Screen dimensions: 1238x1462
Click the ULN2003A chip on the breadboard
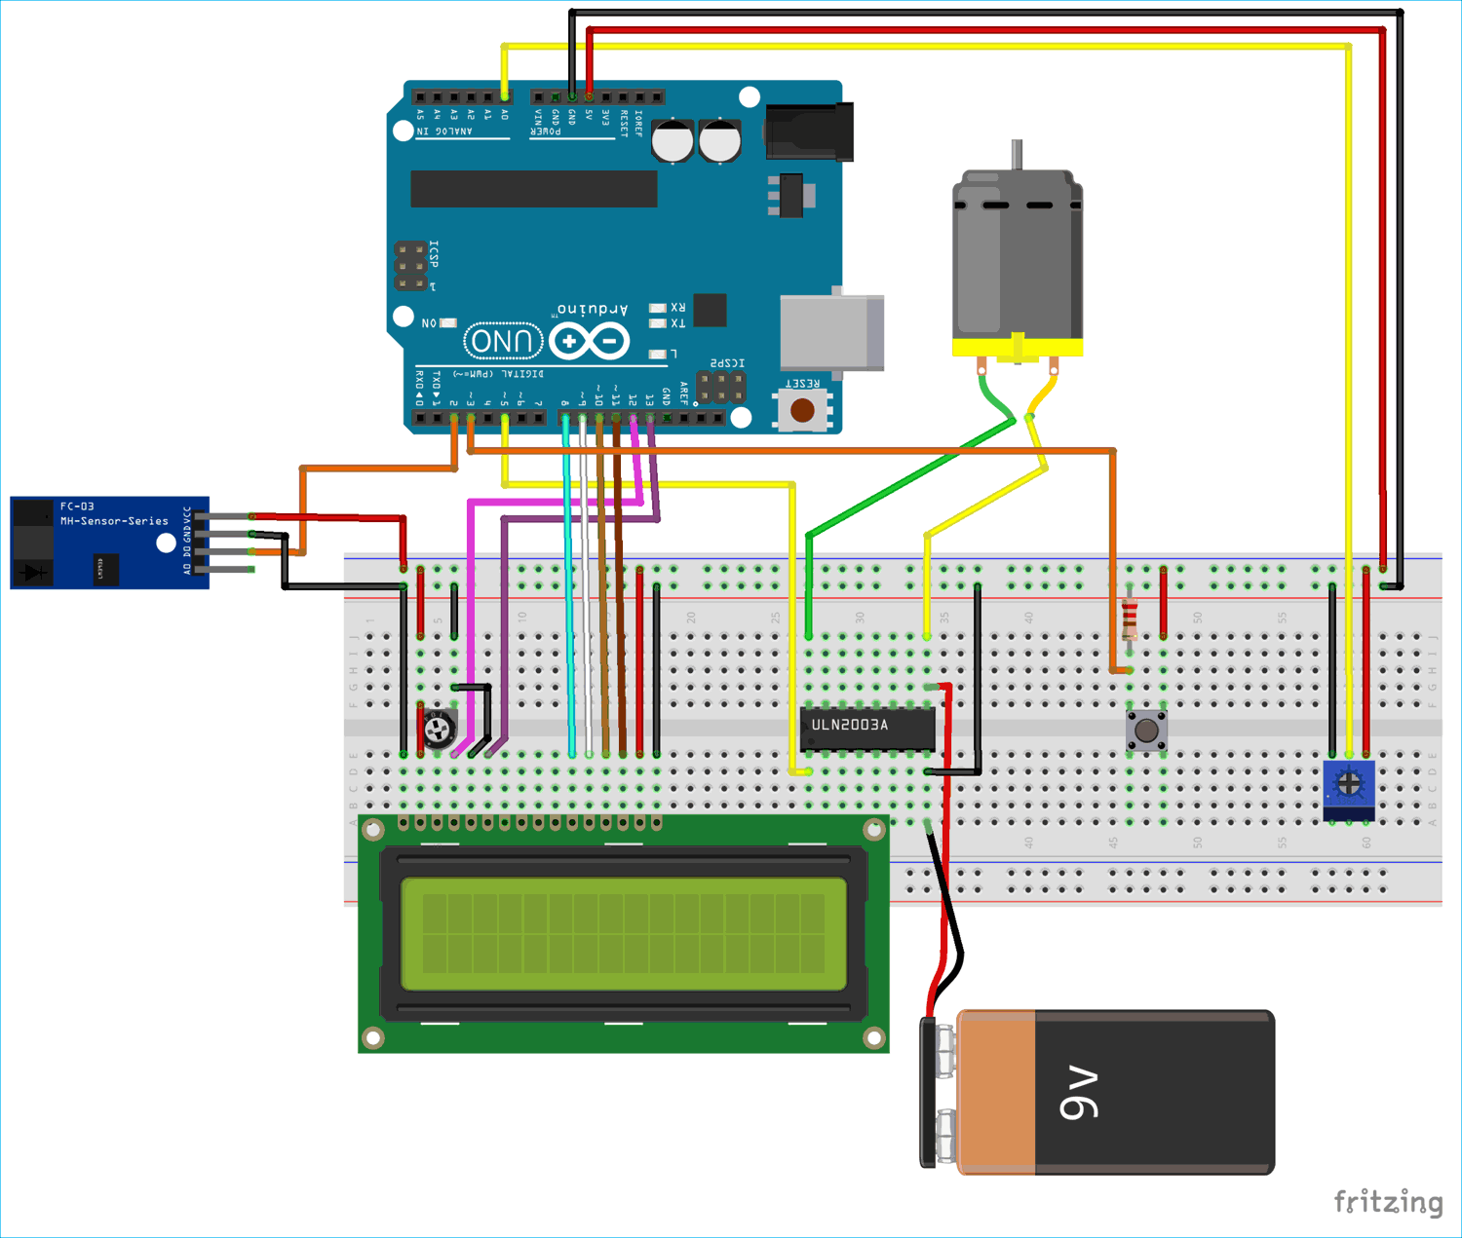[x=866, y=728]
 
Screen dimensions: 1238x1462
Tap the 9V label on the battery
[x=1079, y=1093]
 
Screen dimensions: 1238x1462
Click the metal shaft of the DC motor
[x=1017, y=155]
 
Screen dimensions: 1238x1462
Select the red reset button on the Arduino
[x=802, y=411]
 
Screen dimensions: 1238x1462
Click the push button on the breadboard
[x=1147, y=730]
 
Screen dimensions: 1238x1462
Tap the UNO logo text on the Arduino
[x=503, y=341]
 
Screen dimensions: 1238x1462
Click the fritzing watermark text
[x=1387, y=1202]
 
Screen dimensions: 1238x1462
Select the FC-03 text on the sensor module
[x=77, y=506]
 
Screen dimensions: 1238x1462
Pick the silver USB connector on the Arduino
[x=831, y=333]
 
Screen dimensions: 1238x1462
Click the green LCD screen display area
[x=624, y=933]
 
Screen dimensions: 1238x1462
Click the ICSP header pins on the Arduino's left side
[x=410, y=266]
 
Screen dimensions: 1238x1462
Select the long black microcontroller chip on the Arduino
[x=533, y=189]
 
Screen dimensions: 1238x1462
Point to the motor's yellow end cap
[x=1017, y=348]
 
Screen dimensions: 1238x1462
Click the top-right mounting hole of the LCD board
[x=873, y=830]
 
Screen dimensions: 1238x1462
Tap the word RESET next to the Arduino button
[x=802, y=384]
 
